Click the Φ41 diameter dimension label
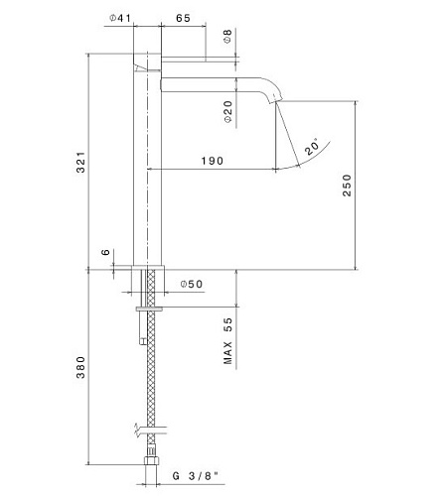(x=120, y=18)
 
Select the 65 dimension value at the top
(x=183, y=18)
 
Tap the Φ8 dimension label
(x=227, y=36)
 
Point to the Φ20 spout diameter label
(x=228, y=112)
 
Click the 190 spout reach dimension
(x=213, y=161)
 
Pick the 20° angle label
(x=312, y=146)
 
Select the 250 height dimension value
(x=347, y=186)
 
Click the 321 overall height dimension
(x=80, y=162)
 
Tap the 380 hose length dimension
(x=80, y=367)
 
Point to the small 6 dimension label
(x=105, y=252)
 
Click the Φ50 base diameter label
(x=192, y=284)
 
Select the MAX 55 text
(x=228, y=341)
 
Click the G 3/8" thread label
(x=196, y=476)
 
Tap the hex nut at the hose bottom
(x=151, y=460)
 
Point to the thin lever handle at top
(x=184, y=59)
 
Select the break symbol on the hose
(x=137, y=431)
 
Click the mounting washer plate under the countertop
(x=149, y=310)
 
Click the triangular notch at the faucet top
(x=140, y=67)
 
